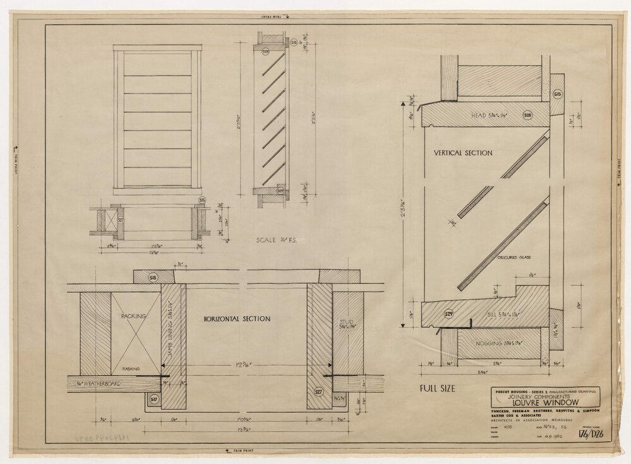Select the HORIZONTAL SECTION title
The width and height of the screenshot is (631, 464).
coord(237,319)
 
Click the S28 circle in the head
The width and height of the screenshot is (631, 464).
coord(527,115)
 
